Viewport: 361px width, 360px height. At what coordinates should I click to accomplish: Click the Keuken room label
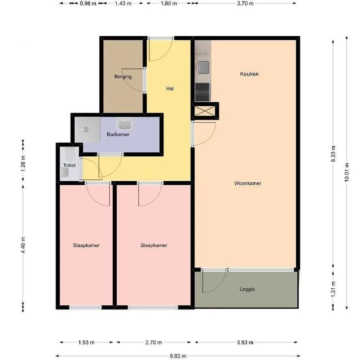249,74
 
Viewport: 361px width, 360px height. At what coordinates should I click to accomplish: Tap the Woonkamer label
248,183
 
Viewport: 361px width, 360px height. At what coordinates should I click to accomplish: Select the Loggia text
247,289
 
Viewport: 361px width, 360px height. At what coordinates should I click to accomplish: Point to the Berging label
123,77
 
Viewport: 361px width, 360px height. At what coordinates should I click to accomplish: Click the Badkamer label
118,134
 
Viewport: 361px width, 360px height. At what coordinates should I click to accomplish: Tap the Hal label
170,89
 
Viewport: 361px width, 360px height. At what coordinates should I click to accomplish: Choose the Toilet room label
70,165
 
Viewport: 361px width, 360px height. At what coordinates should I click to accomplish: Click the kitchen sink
204,68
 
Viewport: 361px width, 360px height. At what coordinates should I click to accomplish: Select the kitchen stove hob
203,92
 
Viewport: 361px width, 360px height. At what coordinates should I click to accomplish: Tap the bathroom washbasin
124,124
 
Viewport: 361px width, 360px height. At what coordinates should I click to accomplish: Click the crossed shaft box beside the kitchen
205,111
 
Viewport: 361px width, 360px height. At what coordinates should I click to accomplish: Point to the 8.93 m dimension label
178,356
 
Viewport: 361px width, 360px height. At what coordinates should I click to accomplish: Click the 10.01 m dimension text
347,172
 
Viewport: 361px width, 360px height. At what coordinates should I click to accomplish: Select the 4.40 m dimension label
23,245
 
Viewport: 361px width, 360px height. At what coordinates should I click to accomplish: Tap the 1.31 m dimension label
333,289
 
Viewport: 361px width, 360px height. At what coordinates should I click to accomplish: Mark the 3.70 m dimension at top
245,4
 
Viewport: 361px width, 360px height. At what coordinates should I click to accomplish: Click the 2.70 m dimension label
153,342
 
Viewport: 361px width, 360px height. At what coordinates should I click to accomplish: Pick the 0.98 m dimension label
88,4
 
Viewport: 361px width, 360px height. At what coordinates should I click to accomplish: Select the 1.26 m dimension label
23,164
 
